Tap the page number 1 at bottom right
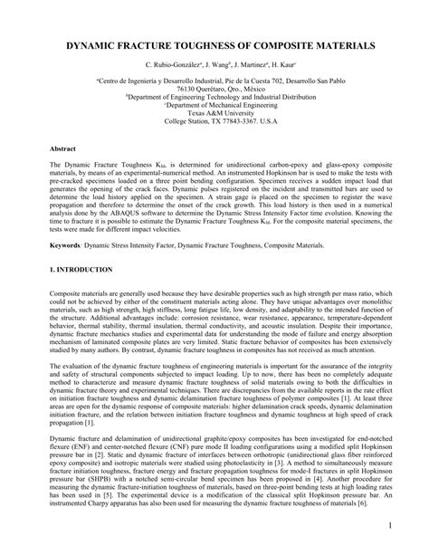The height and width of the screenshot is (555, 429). pos(414,524)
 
